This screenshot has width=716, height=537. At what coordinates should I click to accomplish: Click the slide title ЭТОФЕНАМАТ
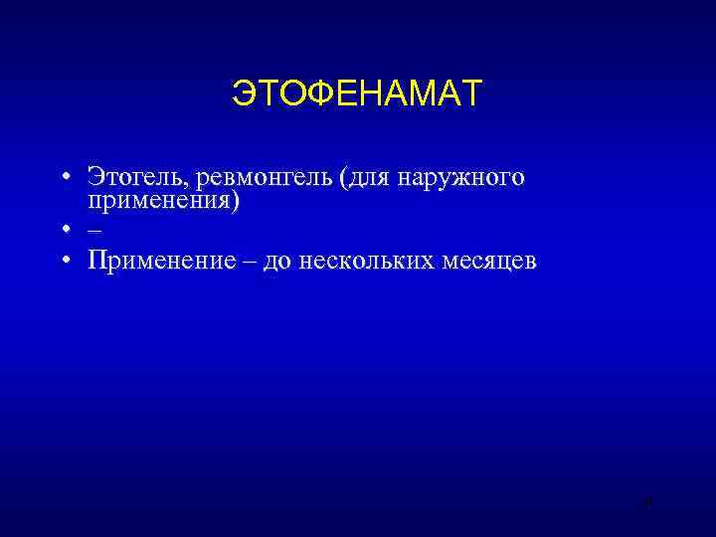tap(357, 93)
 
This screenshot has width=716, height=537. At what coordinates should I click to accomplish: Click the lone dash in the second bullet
tap(93, 230)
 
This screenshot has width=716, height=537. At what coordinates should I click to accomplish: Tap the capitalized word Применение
tap(159, 262)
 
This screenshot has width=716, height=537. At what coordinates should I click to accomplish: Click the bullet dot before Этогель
tap(63, 179)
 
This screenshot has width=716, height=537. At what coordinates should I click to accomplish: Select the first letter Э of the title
tap(242, 93)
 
